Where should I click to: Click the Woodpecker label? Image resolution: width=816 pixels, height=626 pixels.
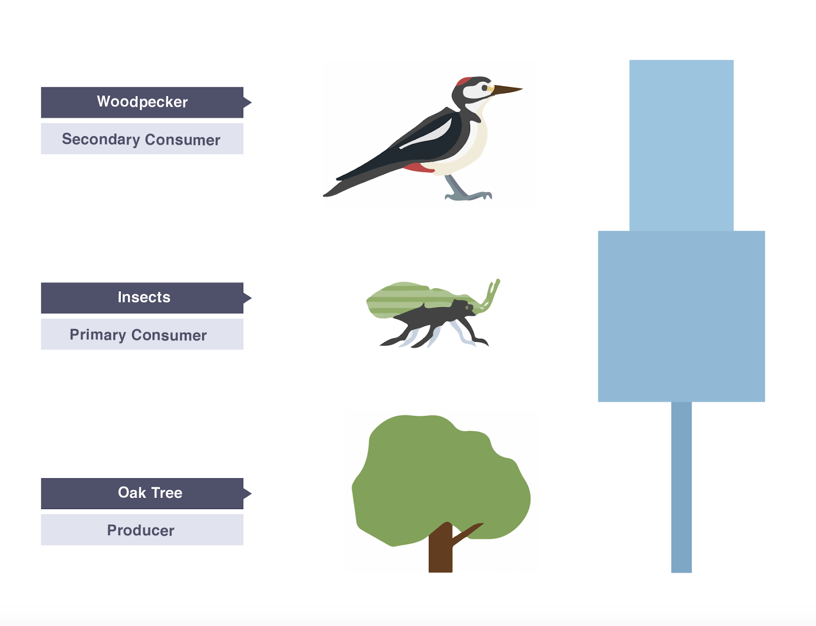pyautogui.click(x=142, y=102)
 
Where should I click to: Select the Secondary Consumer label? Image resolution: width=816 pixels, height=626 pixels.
pyautogui.click(x=142, y=139)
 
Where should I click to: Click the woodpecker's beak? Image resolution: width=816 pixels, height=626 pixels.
pyautogui.click(x=507, y=90)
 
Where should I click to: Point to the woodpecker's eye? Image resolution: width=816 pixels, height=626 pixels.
pyautogui.click(x=484, y=88)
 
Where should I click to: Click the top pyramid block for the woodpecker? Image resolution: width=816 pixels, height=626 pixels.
pyautogui.click(x=681, y=145)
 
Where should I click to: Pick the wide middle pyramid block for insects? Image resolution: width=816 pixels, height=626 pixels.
pyautogui.click(x=681, y=316)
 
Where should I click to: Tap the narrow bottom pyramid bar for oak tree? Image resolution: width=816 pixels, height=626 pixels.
pyautogui.click(x=681, y=487)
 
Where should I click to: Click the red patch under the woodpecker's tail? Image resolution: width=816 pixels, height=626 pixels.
pyautogui.click(x=419, y=167)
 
